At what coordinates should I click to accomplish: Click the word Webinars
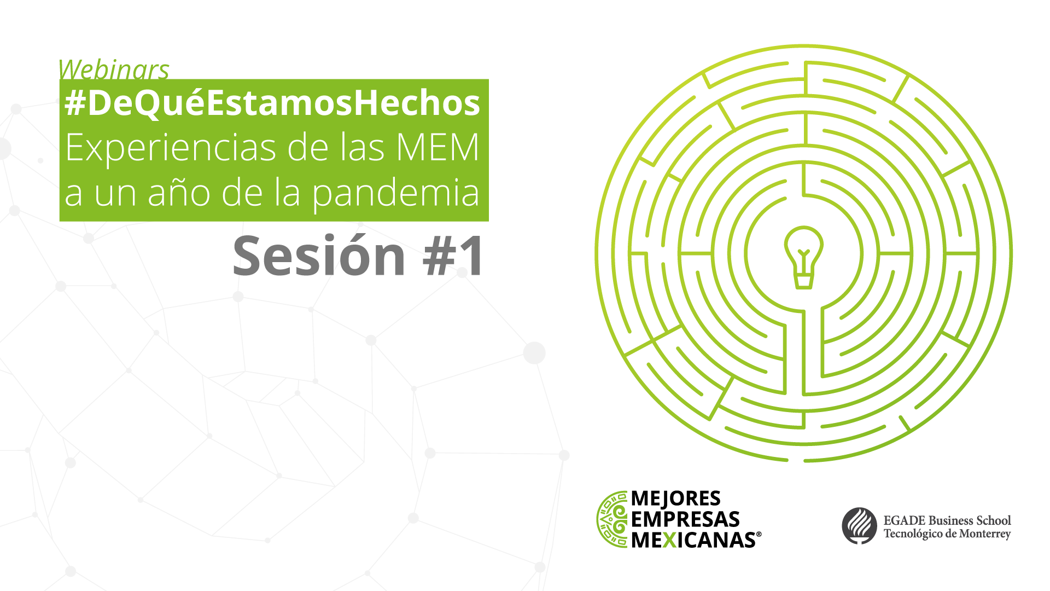114,69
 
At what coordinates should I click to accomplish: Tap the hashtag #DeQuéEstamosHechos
272,103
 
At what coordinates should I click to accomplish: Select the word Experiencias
170,148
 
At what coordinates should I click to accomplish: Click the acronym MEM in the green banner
437,147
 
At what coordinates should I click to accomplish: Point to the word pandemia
396,195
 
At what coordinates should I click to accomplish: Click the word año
179,193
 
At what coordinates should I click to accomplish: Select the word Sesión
319,256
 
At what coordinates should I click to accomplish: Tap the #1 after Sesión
453,256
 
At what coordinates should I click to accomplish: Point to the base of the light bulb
803,280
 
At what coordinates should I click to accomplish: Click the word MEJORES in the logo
676,499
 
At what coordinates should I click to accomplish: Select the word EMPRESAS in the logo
685,519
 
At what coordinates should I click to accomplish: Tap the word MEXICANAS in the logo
693,540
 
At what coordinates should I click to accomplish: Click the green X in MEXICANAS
669,540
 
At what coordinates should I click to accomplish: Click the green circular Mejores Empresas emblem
612,519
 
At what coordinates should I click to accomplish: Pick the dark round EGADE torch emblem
859,526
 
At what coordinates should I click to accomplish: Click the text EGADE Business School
947,520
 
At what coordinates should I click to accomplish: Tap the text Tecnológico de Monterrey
947,534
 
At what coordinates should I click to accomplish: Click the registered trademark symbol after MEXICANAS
759,535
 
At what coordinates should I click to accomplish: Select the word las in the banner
363,147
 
